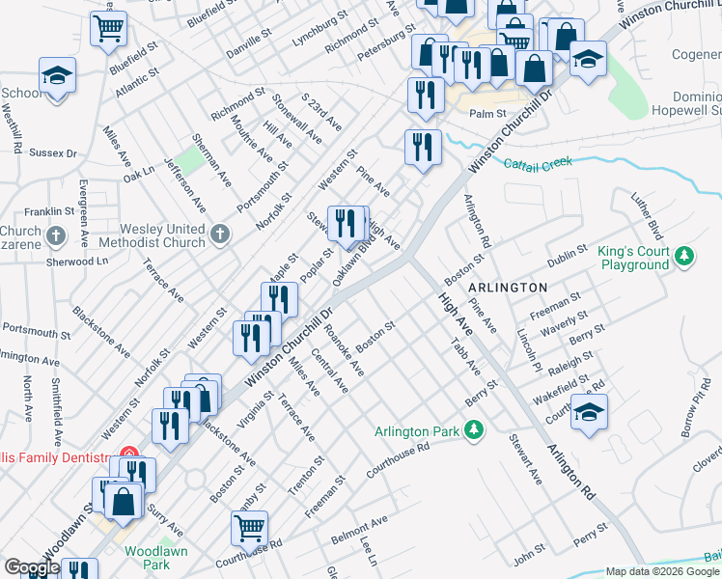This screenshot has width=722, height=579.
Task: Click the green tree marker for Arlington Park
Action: coord(473,429)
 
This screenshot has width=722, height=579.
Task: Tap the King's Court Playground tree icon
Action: coord(684,257)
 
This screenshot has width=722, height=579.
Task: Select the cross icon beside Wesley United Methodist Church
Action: coord(220,234)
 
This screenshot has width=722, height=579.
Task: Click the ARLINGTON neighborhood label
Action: coord(508,288)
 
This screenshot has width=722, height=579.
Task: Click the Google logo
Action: coord(31,567)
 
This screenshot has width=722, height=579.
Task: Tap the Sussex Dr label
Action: coord(52,152)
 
